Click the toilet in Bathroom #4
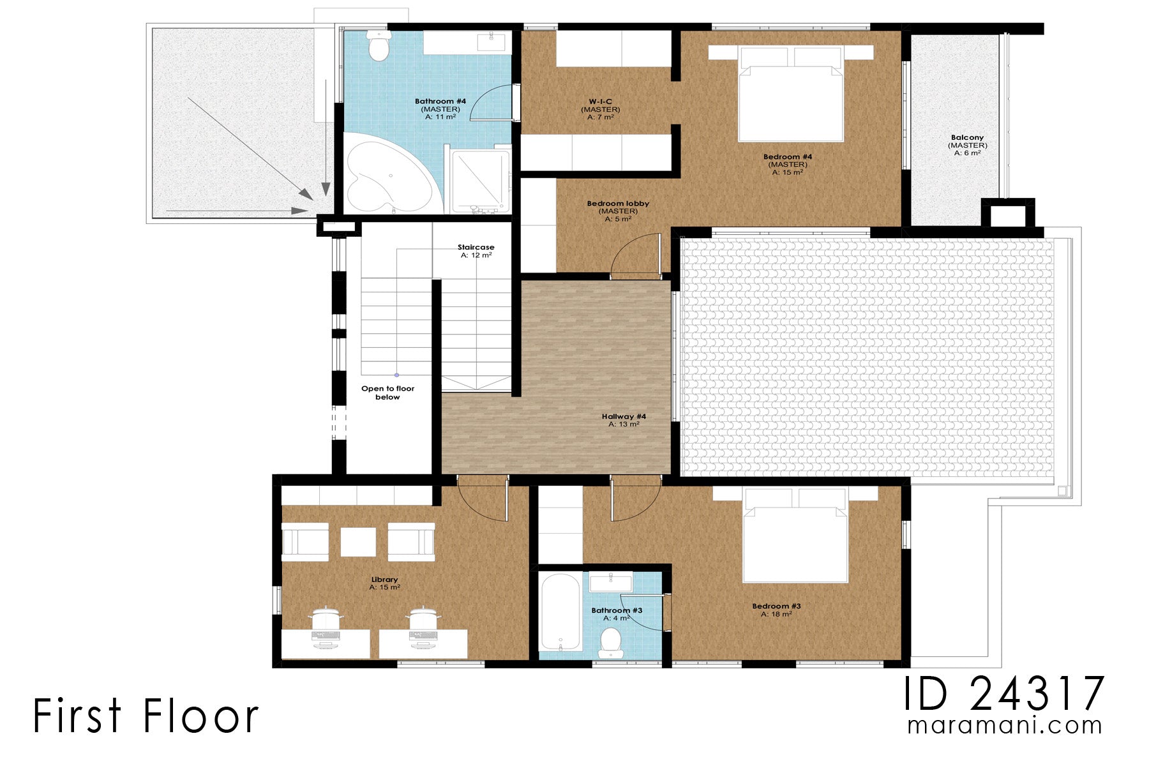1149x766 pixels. (380, 47)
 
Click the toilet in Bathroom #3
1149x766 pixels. (612, 642)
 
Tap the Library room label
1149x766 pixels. (384, 580)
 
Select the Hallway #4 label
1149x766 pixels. (624, 417)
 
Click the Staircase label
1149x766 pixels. (476, 248)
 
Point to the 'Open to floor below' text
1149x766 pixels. (387, 393)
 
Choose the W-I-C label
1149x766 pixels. (600, 101)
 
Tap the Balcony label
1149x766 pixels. (967, 138)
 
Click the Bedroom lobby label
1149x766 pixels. (618, 204)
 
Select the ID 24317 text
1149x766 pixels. (1003, 694)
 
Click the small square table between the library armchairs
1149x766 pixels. (358, 542)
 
